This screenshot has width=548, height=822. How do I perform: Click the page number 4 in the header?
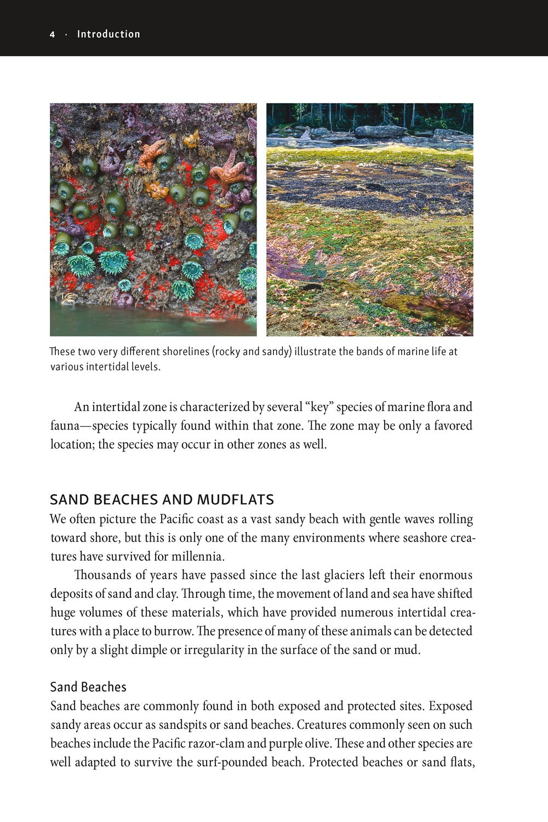[x=52, y=35]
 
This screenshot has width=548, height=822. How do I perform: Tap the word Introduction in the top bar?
[x=109, y=34]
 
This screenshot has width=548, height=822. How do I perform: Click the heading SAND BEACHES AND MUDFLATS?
[x=162, y=500]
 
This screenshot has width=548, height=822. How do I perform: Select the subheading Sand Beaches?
[x=88, y=687]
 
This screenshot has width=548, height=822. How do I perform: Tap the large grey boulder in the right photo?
[x=380, y=131]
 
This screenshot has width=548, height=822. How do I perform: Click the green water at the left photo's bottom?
[x=137, y=323]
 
